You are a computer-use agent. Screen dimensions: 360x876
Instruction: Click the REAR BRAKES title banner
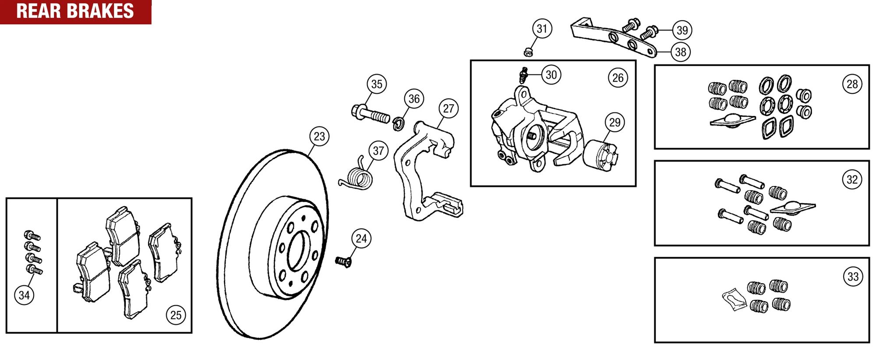coord(75,11)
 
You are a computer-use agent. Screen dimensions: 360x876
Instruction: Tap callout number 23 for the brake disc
coord(319,136)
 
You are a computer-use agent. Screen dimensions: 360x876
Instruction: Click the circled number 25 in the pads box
coord(176,315)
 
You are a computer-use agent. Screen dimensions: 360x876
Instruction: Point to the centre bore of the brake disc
coord(297,251)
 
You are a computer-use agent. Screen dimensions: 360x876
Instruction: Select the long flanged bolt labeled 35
coord(371,114)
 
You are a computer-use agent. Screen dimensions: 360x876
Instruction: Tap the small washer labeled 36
coord(398,124)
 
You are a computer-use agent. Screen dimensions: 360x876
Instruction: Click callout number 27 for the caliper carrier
coord(449,108)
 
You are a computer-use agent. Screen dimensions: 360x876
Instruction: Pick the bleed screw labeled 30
coord(523,75)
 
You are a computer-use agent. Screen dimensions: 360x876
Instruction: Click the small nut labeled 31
coord(528,52)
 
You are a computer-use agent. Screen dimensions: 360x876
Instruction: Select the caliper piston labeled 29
coord(600,155)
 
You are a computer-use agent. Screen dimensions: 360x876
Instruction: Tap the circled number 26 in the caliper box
coord(618,78)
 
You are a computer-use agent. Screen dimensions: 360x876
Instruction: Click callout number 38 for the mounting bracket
coord(680,52)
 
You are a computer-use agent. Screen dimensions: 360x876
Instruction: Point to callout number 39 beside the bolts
coord(682,30)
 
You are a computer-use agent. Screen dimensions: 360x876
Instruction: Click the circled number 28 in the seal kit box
coord(852,84)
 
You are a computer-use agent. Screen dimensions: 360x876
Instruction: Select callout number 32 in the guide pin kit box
coord(852,179)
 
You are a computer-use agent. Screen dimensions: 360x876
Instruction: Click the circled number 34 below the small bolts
coord(24,295)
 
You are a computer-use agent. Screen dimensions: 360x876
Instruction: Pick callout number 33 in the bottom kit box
coord(853,276)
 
